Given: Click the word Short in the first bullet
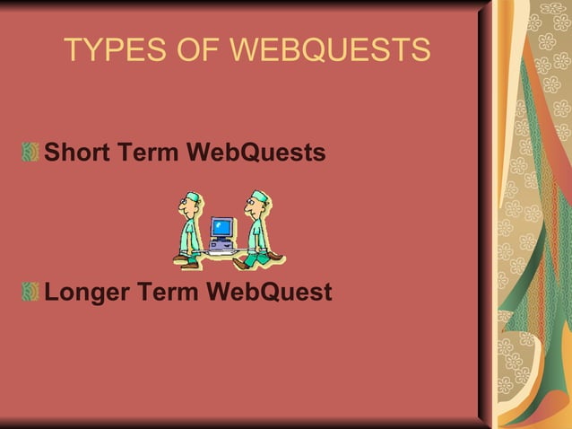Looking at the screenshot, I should tap(77, 153).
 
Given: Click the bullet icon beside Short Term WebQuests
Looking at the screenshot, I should tap(31, 153).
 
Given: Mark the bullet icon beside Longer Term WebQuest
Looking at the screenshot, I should tap(31, 293).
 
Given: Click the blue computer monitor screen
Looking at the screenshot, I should tap(221, 226).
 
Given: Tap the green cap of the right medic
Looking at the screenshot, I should tap(259, 196).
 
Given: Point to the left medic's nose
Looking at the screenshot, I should tap(179, 209).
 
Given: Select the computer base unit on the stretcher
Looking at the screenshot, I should tap(221, 243).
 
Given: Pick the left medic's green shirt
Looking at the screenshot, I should tap(190, 234).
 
